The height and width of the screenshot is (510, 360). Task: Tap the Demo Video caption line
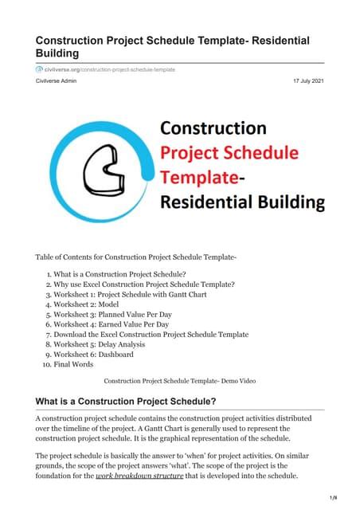[179, 381]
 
